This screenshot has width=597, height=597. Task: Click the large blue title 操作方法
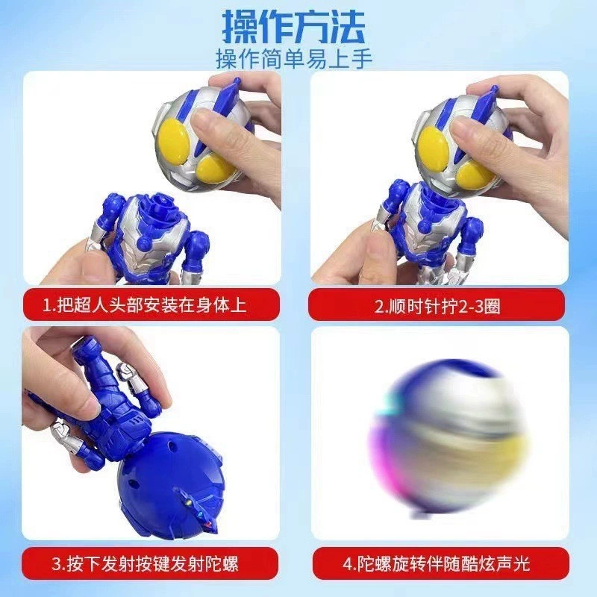(293, 27)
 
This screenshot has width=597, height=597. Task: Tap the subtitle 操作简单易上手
(294, 59)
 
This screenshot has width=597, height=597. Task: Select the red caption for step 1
(151, 304)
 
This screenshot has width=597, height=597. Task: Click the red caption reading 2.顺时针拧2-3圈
(437, 306)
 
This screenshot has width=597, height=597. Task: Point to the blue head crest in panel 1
(225, 100)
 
